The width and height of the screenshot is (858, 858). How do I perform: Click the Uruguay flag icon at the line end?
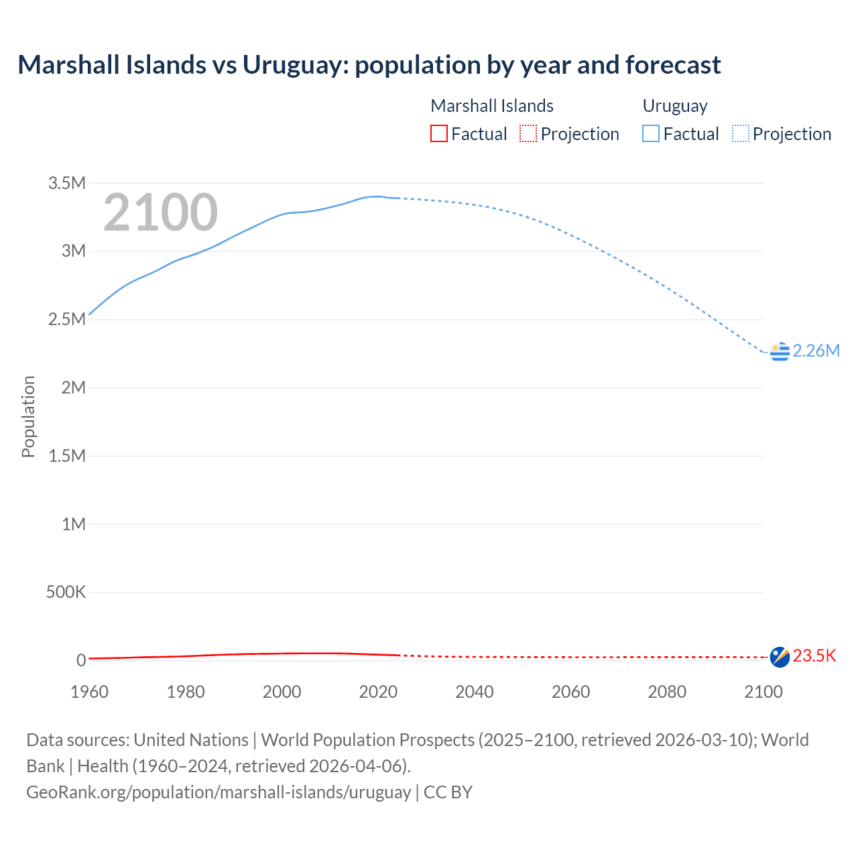[x=780, y=351]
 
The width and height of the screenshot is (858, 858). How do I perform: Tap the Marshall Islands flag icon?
[x=780, y=657]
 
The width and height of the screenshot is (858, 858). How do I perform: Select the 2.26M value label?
[x=816, y=351]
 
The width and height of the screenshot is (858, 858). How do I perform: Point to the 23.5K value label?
[x=814, y=656]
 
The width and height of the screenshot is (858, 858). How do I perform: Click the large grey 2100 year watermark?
[x=160, y=212]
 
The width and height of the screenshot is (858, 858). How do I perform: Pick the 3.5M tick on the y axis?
[x=67, y=184]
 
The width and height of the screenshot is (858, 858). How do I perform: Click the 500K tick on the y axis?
[x=66, y=593]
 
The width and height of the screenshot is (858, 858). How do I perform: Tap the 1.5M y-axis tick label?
[x=67, y=456]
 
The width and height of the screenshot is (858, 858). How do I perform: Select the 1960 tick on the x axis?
[x=89, y=692]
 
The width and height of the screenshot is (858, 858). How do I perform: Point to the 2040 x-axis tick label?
[x=475, y=692]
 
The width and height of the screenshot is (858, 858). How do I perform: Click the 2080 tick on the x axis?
[x=667, y=692]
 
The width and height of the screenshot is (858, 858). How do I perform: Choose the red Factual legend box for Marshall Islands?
[x=439, y=134]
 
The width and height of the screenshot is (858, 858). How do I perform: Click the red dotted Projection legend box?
[x=528, y=134]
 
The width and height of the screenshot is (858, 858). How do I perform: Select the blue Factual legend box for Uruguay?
[x=651, y=134]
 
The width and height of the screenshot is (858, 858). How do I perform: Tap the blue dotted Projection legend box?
[x=741, y=134]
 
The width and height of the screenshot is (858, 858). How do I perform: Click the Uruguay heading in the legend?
[x=675, y=106]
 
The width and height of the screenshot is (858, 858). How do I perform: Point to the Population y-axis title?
[x=28, y=416]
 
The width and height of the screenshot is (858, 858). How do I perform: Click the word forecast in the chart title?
[x=673, y=65]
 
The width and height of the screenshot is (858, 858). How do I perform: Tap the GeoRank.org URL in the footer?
[x=219, y=792]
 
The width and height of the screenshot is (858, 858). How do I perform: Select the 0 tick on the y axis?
[x=81, y=660]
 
